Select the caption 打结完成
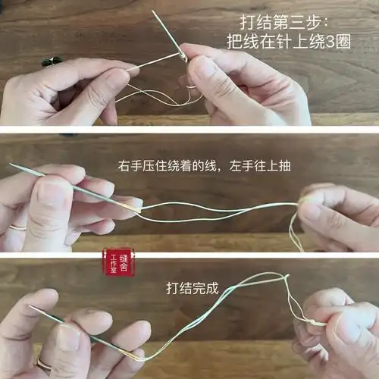point(192,288)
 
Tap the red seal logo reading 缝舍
point(117,262)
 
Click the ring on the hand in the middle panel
point(17,226)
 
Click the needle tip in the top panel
point(152,11)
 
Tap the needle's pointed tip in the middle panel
point(10,164)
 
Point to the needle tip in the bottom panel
point(29,306)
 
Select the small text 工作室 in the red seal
point(113,262)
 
